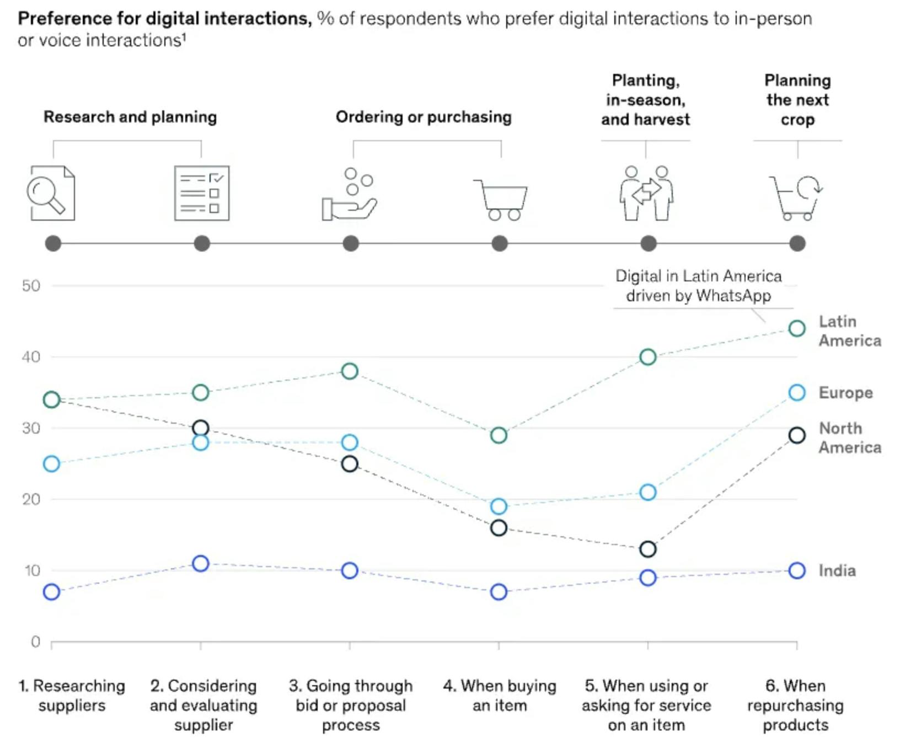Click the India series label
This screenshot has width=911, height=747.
point(837,570)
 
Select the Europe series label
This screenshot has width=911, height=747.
point(845,393)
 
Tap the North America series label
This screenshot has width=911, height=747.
point(850,437)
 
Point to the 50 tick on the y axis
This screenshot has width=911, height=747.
point(31,286)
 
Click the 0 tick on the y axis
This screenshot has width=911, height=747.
point(36,642)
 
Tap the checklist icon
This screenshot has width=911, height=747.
point(202,193)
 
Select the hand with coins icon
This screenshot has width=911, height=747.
point(350,194)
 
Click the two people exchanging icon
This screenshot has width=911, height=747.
point(646,193)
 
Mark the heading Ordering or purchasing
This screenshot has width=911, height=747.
point(424,117)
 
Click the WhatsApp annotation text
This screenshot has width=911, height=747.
point(699,286)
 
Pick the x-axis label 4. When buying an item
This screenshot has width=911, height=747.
point(500,695)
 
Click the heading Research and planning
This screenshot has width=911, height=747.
point(130,117)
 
